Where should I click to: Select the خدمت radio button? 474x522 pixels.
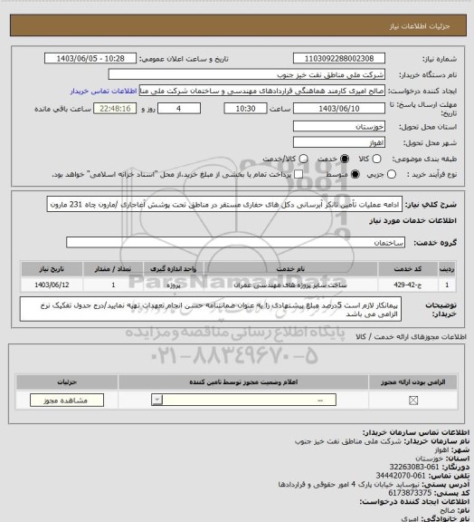pos(318,158)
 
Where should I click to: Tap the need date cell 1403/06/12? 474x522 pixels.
pos(53,285)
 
